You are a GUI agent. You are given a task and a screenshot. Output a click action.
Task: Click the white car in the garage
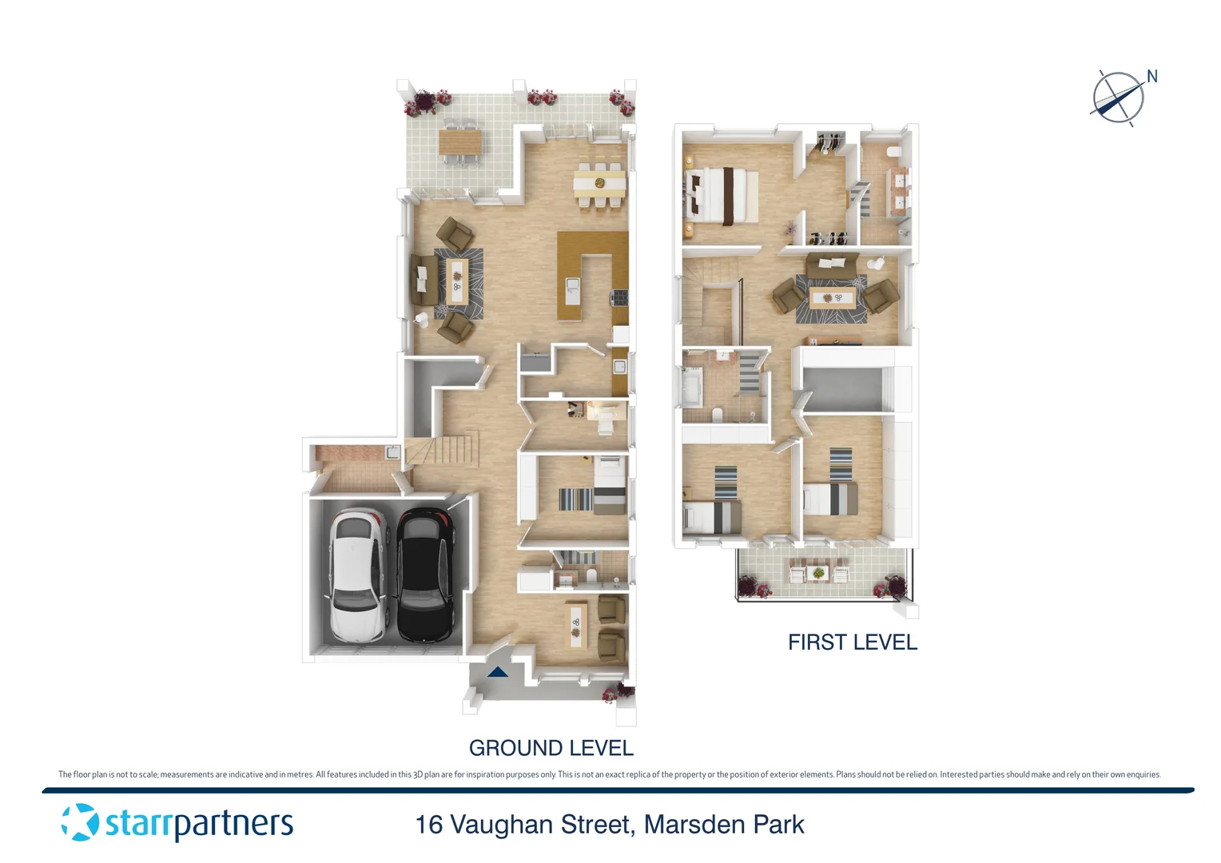point(359,575)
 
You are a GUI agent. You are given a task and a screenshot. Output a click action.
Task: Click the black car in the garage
point(425,575)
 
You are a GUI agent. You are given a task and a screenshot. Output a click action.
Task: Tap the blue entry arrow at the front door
point(498,672)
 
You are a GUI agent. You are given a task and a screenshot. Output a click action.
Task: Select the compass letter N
point(1151,77)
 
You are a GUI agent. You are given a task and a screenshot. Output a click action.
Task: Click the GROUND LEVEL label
point(551,748)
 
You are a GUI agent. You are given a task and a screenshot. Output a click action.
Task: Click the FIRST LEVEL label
point(852,642)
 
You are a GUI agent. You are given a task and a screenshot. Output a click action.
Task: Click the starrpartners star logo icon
point(80,822)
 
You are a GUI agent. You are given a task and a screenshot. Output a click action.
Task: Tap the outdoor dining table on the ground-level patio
point(459,144)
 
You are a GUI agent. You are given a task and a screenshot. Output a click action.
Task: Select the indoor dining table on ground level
point(599,183)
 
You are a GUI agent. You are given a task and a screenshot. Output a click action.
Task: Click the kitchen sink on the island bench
point(572,288)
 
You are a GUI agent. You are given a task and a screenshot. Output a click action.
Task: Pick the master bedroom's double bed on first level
point(723,194)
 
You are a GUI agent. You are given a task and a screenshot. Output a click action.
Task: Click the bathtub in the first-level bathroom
point(691,388)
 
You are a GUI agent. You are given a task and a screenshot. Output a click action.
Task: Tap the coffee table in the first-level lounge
point(832,299)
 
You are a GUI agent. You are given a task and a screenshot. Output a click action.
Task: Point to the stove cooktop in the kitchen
point(619,298)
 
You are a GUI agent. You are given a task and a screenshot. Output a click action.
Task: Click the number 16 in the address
point(429,825)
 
